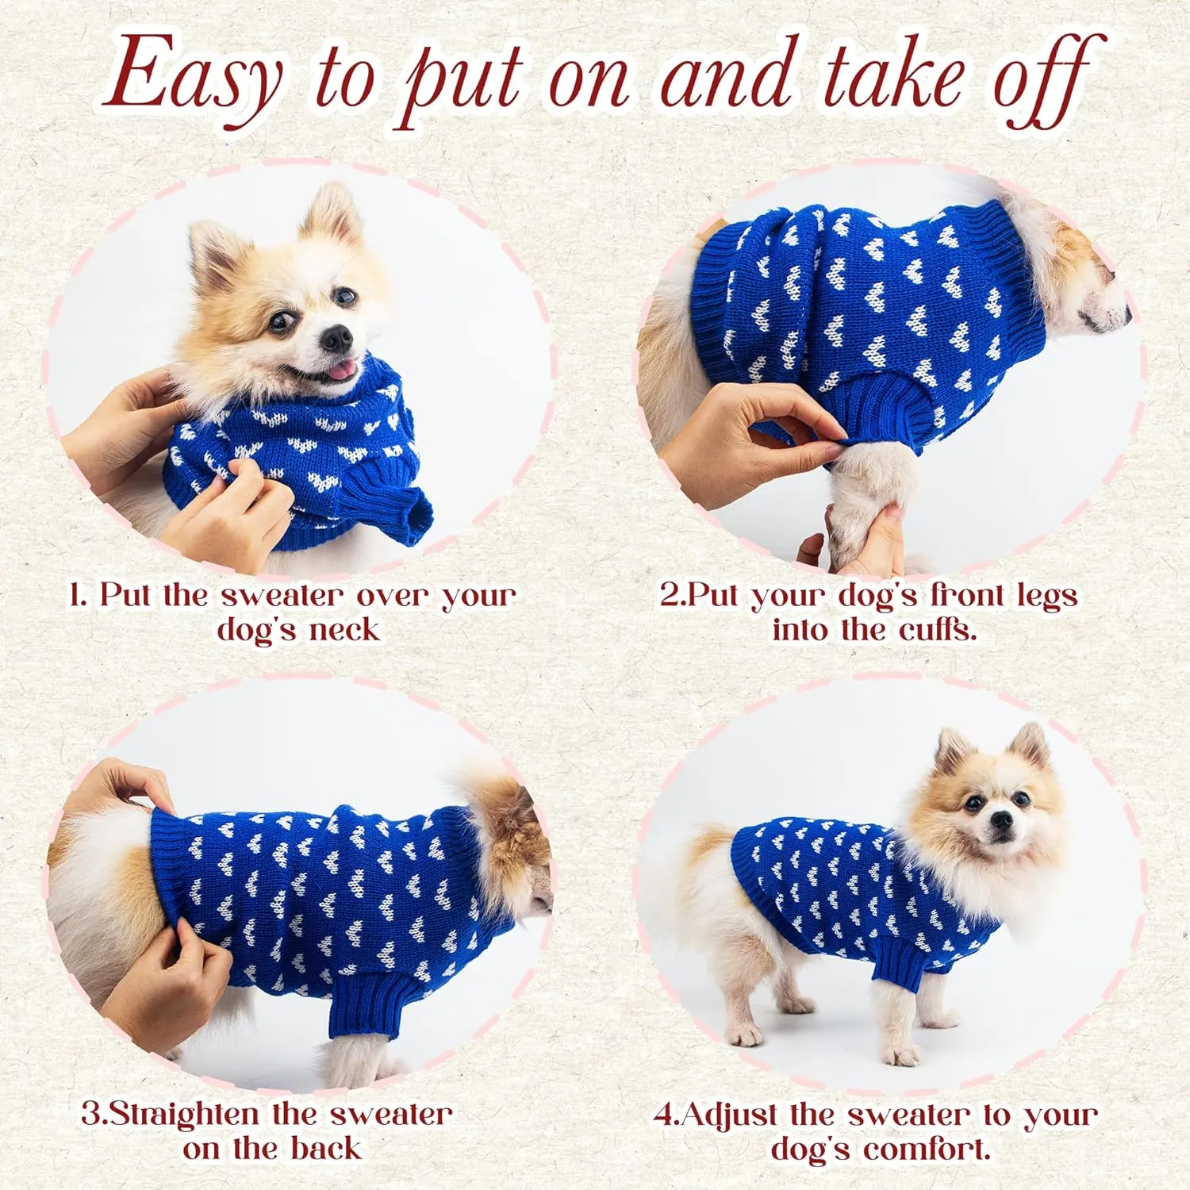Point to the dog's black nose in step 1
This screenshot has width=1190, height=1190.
click(x=336, y=339)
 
